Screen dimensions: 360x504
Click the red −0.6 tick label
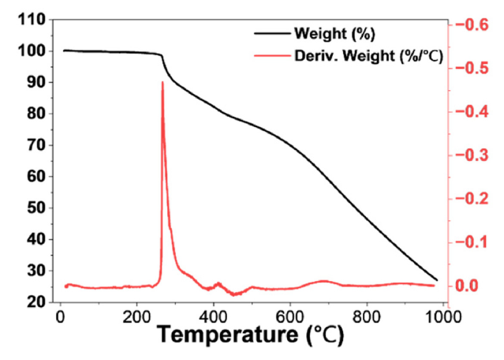(x=467, y=24)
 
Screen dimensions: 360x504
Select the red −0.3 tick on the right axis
(x=467, y=156)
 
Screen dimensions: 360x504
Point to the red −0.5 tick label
(x=467, y=68)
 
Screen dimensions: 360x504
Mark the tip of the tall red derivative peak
(x=162, y=81)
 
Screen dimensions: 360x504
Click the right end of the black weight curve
(x=437, y=279)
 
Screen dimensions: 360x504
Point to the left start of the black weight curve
(x=64, y=51)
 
